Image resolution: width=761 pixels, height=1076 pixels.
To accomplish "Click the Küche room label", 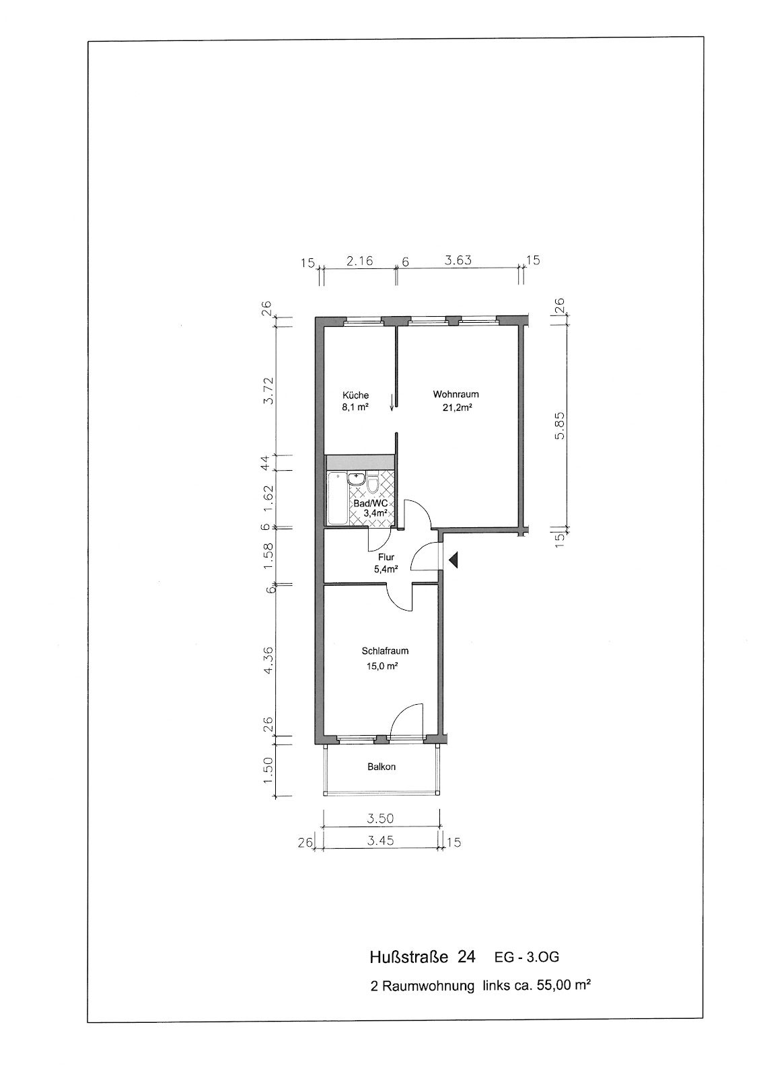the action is pyautogui.click(x=355, y=395).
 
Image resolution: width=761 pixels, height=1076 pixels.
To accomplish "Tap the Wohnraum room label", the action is pyautogui.click(x=456, y=394).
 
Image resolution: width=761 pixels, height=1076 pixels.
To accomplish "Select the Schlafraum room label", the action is pyautogui.click(x=385, y=652).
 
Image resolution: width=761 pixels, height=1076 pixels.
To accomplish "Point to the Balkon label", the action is pyautogui.click(x=382, y=767).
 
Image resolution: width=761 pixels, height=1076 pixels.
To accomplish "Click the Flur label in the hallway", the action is pyautogui.click(x=386, y=558).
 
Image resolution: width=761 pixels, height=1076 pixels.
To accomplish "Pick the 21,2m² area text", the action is pyautogui.click(x=457, y=408).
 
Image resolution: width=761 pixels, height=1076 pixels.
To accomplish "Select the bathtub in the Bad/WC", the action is pyautogui.click(x=338, y=498).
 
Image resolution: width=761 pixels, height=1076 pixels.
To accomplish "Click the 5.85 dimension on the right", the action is pyautogui.click(x=560, y=426).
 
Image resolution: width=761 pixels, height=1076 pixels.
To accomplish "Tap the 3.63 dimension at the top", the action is pyautogui.click(x=458, y=260).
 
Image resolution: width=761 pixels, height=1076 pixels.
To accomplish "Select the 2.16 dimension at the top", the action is pyautogui.click(x=359, y=261).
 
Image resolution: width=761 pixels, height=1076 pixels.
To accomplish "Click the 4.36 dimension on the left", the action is pyautogui.click(x=268, y=660).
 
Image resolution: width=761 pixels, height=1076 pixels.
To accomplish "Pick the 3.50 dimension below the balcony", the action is pyautogui.click(x=380, y=818).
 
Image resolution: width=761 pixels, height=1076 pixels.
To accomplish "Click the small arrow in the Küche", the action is pyautogui.click(x=392, y=402).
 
